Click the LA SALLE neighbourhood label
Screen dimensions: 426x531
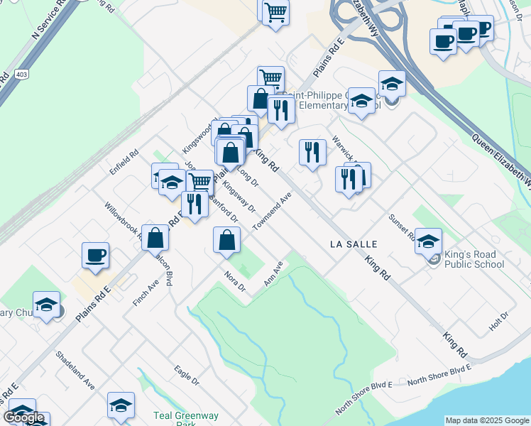point(353,244)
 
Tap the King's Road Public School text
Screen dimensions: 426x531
point(473,260)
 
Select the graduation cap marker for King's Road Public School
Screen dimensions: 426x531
point(428,241)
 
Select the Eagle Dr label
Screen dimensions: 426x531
point(187,376)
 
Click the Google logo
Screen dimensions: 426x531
point(24,417)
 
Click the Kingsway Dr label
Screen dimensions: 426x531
point(239,195)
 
